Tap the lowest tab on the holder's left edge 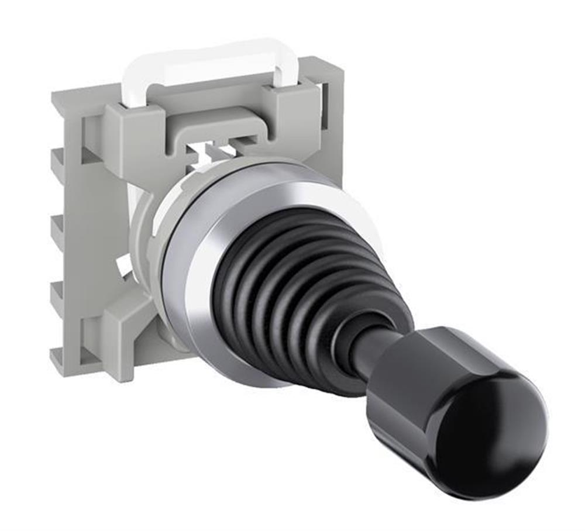pyautogui.click(x=58, y=292)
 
